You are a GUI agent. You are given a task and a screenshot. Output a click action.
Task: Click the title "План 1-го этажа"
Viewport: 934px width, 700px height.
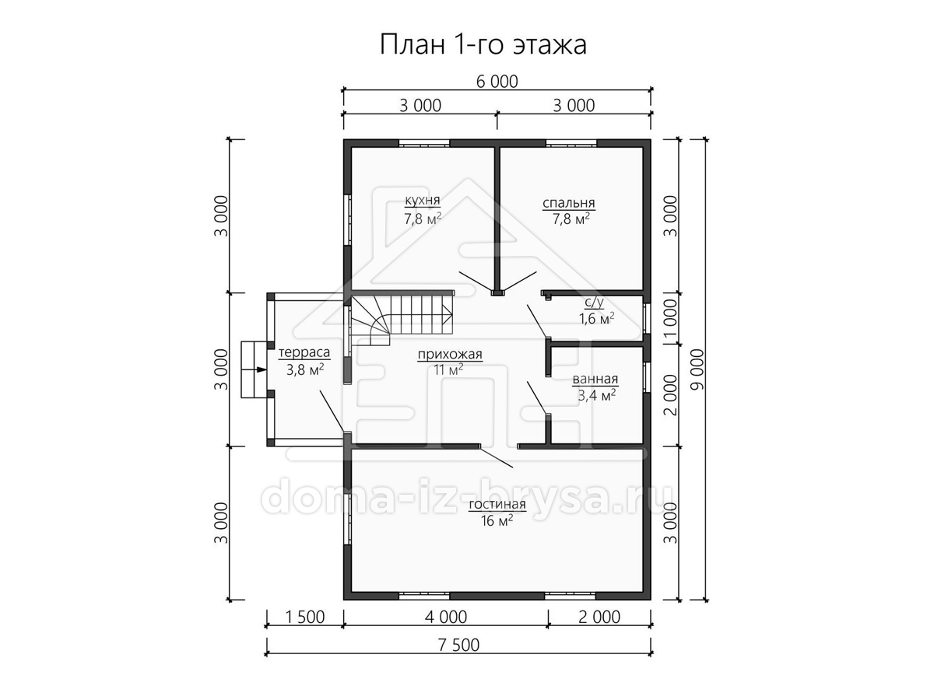[483, 44]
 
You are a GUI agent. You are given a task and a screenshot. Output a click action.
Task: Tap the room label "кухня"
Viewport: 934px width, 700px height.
[422, 200]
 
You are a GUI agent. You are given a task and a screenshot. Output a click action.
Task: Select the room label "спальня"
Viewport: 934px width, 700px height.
[568, 203]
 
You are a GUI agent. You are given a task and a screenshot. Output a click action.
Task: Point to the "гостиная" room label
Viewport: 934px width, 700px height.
[497, 504]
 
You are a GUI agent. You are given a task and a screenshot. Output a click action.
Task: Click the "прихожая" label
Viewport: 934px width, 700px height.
[450, 354]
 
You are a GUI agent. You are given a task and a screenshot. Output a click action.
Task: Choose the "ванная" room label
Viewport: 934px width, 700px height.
[595, 379]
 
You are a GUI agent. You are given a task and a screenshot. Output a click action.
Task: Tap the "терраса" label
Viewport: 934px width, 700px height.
[304, 352]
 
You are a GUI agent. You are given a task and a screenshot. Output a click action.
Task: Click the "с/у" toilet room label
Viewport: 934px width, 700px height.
[594, 303]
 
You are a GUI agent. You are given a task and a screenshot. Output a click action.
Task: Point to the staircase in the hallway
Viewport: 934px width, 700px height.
[402, 321]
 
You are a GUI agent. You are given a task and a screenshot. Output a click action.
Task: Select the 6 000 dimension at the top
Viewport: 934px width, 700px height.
[497, 81]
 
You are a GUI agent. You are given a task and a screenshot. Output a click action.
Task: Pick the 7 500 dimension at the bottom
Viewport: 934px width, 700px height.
[458, 645]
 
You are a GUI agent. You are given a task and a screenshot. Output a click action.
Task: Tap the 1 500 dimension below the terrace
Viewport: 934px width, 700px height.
[304, 617]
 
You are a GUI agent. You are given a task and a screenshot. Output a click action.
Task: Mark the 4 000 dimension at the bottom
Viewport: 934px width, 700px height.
[446, 617]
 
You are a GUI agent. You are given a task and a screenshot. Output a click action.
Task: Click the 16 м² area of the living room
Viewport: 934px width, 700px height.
[497, 520]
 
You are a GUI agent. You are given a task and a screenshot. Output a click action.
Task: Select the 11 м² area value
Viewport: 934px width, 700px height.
[448, 369]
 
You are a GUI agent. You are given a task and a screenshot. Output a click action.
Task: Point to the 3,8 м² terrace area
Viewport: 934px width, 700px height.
[305, 369]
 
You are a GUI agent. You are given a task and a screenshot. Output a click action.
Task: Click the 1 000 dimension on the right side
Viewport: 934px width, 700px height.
[670, 319]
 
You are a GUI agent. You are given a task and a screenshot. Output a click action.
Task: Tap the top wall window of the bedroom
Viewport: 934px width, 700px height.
[571, 143]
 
